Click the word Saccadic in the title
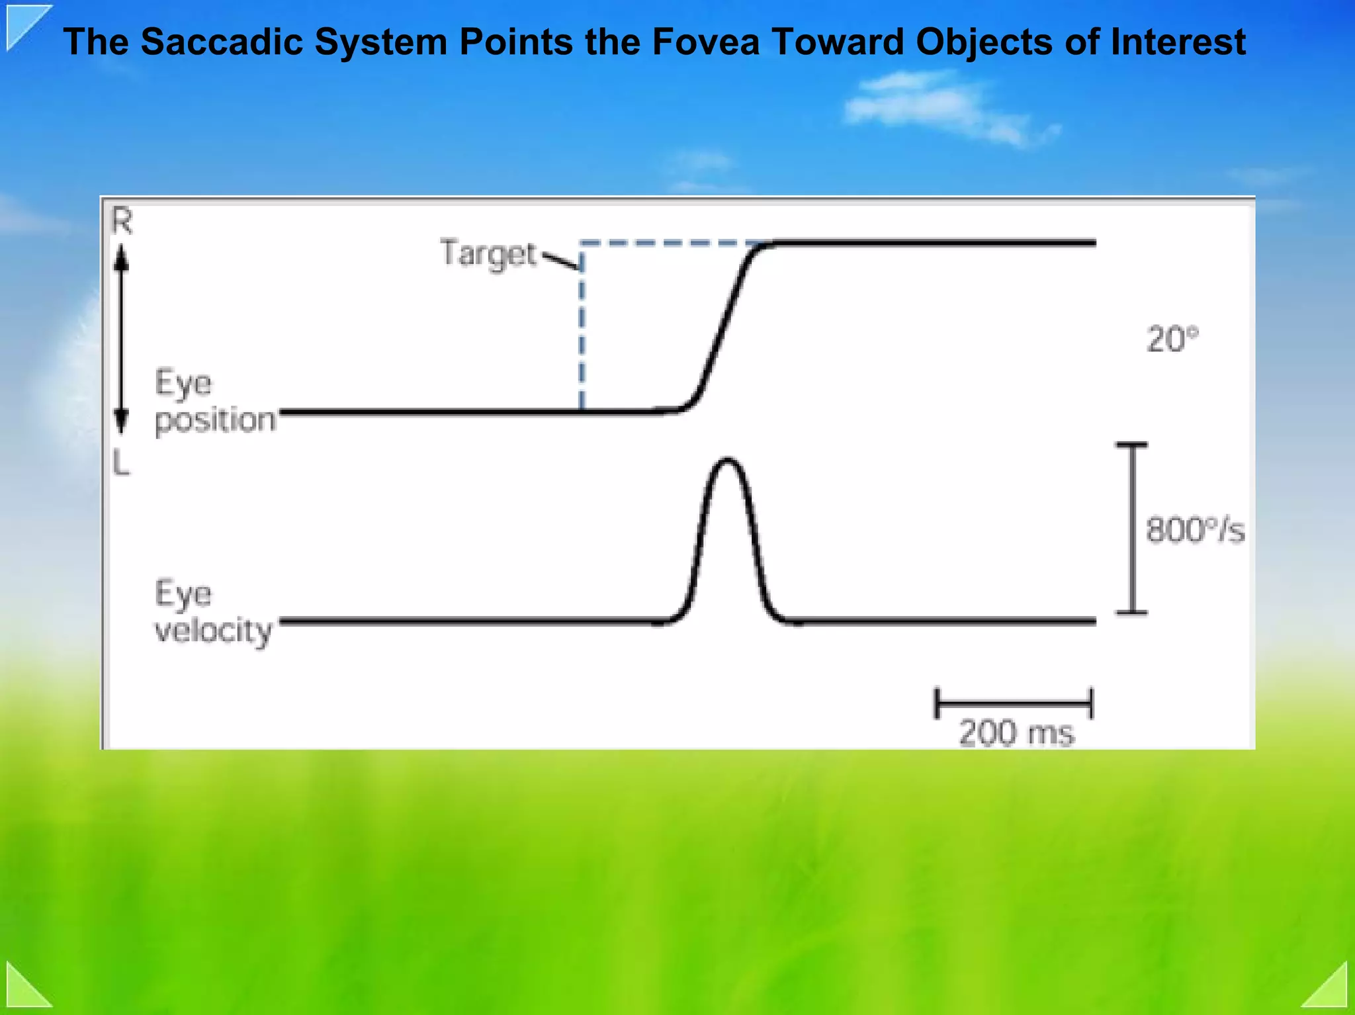click(x=222, y=42)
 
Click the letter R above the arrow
click(x=122, y=221)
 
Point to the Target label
click(x=488, y=254)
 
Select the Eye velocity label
click(x=212, y=612)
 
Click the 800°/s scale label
click(x=1195, y=530)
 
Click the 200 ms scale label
click(x=1016, y=733)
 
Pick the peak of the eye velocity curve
click(x=728, y=459)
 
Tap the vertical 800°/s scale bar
click(x=1132, y=529)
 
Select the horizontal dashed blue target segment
click(x=668, y=243)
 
